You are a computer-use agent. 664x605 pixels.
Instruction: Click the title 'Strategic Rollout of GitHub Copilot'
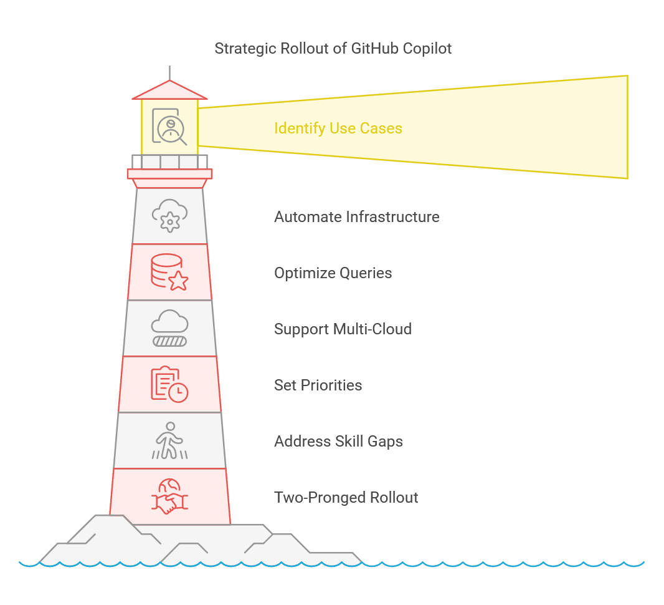click(333, 48)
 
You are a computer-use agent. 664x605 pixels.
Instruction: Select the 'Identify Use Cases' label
click(338, 128)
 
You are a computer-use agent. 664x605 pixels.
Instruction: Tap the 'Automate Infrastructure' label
click(357, 217)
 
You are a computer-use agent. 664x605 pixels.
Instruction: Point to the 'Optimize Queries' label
click(333, 273)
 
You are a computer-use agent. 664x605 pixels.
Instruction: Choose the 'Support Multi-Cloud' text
click(343, 329)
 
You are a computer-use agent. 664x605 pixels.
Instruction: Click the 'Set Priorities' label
click(318, 385)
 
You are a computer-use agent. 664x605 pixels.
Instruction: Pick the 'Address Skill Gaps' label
click(338, 442)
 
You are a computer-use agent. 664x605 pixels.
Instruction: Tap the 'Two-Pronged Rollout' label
click(346, 498)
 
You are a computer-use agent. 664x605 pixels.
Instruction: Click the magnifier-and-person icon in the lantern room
click(170, 127)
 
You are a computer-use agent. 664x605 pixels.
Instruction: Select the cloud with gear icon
click(170, 216)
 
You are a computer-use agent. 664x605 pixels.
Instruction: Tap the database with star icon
click(169, 272)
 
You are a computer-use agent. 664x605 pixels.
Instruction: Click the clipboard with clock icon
click(169, 384)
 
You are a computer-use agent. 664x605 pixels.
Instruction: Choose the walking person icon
click(169, 440)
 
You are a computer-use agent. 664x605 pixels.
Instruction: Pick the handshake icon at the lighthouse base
click(169, 497)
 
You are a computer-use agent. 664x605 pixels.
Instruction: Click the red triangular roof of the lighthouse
click(169, 91)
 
